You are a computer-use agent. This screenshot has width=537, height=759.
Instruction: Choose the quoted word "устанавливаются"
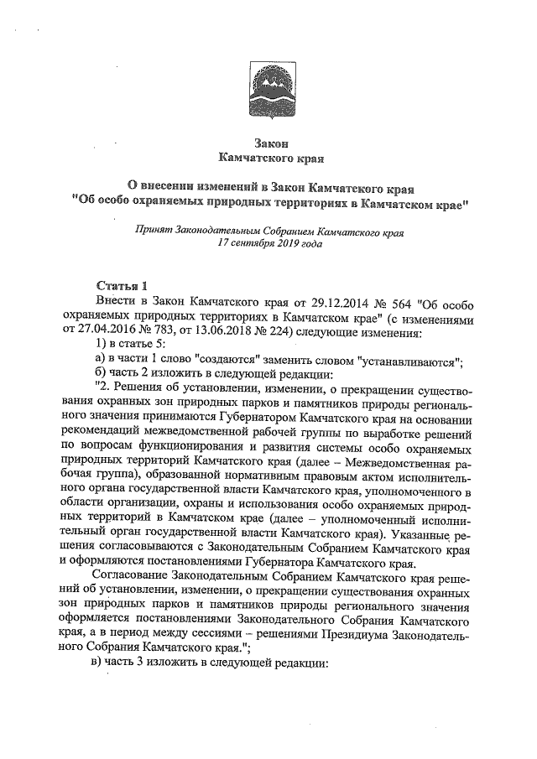[409, 361]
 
